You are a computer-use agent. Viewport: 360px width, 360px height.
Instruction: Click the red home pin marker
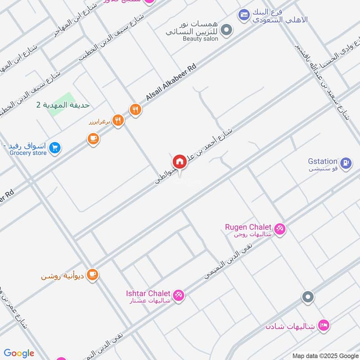179,162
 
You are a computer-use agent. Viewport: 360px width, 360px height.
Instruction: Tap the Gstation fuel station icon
346,163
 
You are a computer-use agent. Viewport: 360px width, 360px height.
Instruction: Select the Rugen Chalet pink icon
280,229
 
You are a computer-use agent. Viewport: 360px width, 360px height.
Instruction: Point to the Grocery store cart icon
55,148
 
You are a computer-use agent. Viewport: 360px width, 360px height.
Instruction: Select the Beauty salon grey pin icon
228,30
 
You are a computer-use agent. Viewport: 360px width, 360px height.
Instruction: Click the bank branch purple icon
244,15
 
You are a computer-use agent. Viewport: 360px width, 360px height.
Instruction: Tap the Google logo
19,353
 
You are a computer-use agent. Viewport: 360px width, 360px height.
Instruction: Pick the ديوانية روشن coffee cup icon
93,274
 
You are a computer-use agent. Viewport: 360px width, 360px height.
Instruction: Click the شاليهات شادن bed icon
323,324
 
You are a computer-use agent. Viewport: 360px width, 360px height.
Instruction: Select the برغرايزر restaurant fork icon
118,120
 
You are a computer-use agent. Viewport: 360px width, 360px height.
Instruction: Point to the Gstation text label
323,161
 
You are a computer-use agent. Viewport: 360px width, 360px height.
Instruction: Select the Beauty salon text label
200,39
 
